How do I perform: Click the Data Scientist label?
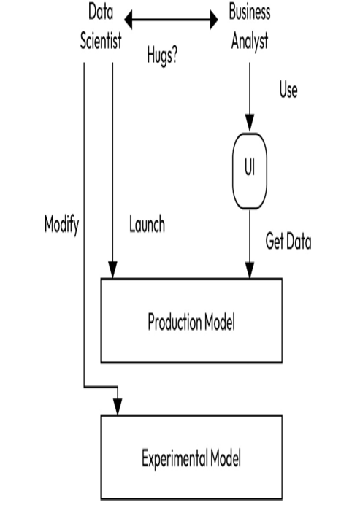tap(101, 27)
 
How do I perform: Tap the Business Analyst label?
tap(250, 27)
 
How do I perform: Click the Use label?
tap(288, 90)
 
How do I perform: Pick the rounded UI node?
tap(250, 171)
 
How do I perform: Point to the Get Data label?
tap(288, 242)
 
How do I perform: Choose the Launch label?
tap(147, 224)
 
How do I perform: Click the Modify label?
tap(61, 225)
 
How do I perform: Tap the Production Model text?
tap(191, 321)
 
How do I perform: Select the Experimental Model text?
tap(191, 458)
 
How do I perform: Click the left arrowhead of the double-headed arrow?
tap(129, 20)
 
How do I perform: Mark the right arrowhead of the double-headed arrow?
tap(214, 20)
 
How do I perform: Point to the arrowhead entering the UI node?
tap(250, 123)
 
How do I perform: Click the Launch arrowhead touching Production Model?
tap(112, 270)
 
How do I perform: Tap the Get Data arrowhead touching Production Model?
tap(250, 270)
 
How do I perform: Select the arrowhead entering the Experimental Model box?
tap(118, 406)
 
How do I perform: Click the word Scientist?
tap(101, 41)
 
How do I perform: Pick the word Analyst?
tap(250, 42)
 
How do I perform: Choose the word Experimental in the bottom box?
tap(175, 458)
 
